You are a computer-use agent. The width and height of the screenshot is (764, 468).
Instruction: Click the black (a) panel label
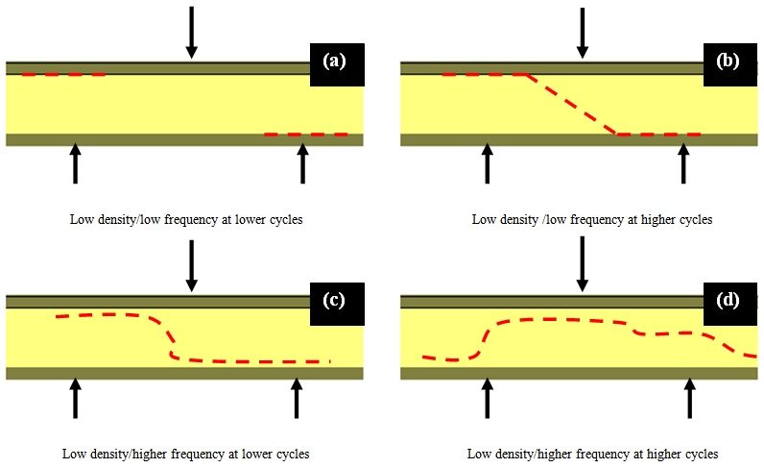pyautogui.click(x=335, y=64)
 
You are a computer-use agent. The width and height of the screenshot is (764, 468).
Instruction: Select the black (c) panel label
pyautogui.click(x=336, y=299)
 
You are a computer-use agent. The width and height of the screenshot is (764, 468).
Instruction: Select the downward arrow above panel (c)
pyautogui.click(x=192, y=265)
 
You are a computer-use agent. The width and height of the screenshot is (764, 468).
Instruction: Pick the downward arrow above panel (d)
pyautogui.click(x=581, y=265)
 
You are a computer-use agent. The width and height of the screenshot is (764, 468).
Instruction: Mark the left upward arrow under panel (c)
pyautogui.click(x=75, y=398)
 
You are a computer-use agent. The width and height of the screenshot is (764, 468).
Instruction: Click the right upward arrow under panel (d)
pyautogui.click(x=689, y=398)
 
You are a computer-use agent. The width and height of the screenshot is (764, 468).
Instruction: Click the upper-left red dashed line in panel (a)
pyautogui.click(x=63, y=74)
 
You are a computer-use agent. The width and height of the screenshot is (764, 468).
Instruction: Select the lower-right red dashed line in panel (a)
pyautogui.click(x=305, y=135)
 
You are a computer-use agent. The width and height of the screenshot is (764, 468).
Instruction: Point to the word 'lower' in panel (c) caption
pyautogui.click(x=251, y=454)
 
